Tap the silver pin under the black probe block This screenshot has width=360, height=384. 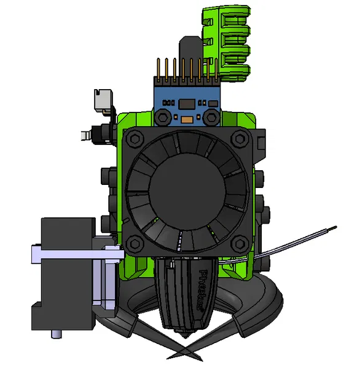tap(57, 334)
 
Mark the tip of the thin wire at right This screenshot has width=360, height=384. tap(334, 229)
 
